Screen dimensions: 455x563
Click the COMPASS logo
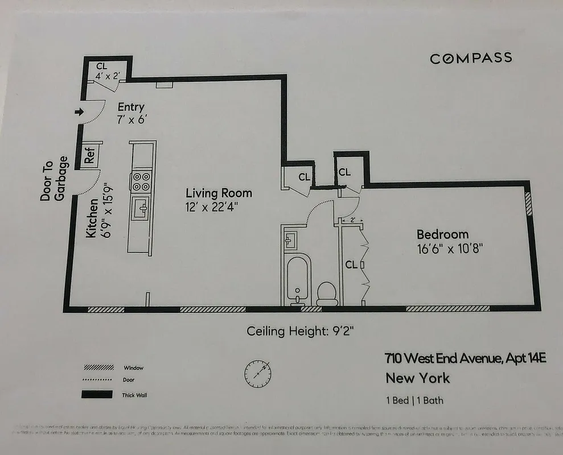(470, 58)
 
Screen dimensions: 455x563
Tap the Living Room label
(219, 193)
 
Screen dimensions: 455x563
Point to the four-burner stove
(141, 181)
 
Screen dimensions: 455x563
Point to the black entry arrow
(79, 111)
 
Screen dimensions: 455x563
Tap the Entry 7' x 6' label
(131, 113)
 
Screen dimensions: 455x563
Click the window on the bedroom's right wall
(528, 203)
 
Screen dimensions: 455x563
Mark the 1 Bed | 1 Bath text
(414, 400)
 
